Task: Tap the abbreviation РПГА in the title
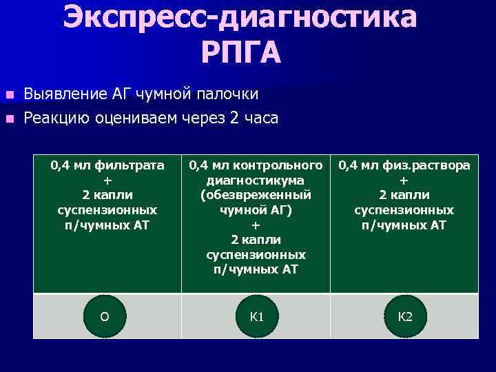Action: (242, 53)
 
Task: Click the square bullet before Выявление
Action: (9, 94)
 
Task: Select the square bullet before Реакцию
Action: (9, 119)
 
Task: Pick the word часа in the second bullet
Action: (260, 118)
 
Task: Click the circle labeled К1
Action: (256, 316)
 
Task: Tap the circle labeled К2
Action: (405, 316)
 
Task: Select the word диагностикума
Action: (256, 180)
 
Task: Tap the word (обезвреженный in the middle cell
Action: (256, 195)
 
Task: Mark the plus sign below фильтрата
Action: (106, 180)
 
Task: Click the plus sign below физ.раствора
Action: (404, 180)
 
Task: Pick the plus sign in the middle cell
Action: (256, 225)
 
